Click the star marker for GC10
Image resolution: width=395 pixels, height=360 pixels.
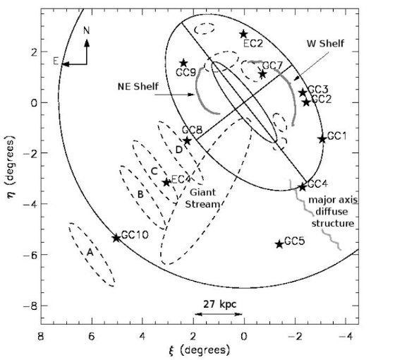coord(116,237)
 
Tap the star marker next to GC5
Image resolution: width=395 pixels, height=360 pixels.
coord(279,244)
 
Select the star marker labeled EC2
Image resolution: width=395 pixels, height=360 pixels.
coord(243,35)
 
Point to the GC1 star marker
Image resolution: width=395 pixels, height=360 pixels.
coord(322,139)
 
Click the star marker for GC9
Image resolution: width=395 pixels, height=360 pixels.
coord(183,63)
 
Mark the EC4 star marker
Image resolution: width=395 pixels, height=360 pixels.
coord(166,182)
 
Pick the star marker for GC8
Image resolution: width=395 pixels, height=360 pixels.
coord(187,140)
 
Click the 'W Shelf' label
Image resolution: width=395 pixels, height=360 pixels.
coord(325,44)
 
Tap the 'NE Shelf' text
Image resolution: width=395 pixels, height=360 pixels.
coord(138,86)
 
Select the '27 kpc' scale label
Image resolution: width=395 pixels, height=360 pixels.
coord(220,304)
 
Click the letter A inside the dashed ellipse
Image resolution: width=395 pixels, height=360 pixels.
coord(90,252)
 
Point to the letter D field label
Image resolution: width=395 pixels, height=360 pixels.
coord(178,150)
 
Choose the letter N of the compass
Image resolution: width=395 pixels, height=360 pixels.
coord(86,31)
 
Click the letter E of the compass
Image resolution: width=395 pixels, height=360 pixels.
coord(56,61)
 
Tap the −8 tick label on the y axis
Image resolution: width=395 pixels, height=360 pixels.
coord(29,306)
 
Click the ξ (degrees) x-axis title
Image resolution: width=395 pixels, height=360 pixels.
coord(199,350)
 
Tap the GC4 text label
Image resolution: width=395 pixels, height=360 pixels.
coord(317,184)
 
